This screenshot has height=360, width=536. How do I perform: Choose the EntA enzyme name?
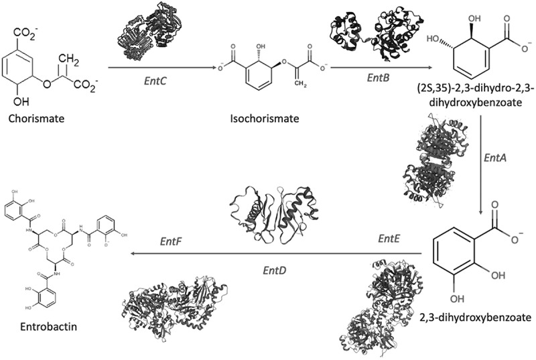coord(497,160)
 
